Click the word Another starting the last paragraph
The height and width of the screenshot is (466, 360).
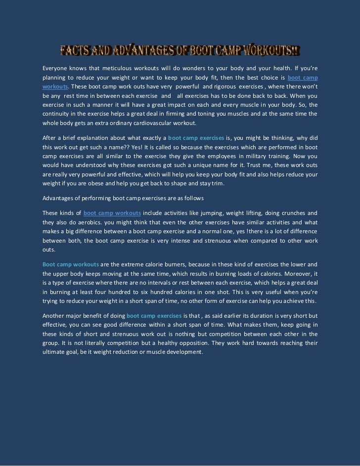click(55, 315)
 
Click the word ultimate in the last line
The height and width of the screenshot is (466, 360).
click(54, 353)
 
